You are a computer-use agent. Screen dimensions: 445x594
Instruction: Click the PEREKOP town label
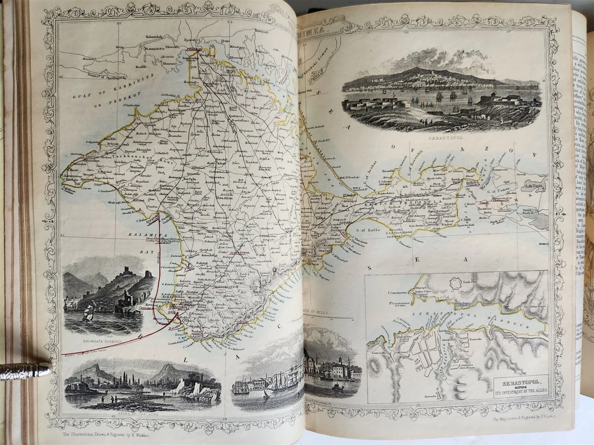coord(194,49)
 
